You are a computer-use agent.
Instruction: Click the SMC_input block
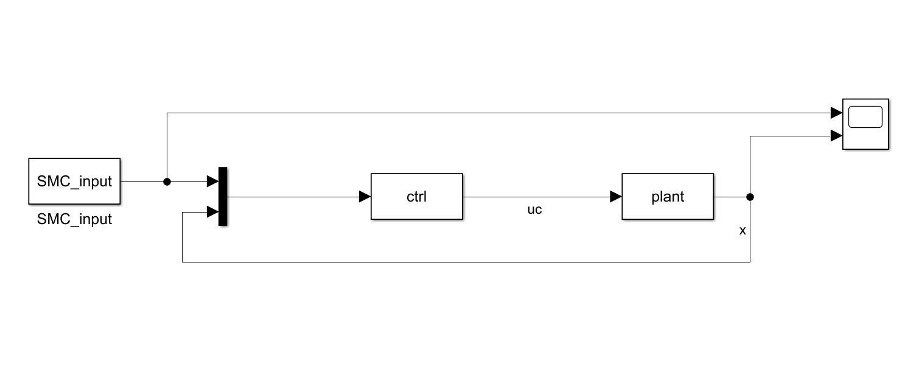[x=74, y=181]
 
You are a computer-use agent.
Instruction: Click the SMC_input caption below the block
[x=74, y=219]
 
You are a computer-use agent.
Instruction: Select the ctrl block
[x=417, y=196]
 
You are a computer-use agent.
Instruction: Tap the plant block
[x=668, y=196]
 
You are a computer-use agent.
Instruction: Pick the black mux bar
[x=223, y=196]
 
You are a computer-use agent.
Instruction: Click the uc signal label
[x=534, y=210]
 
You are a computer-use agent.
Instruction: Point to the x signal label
[x=742, y=231]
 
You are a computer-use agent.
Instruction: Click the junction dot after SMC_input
[x=167, y=181]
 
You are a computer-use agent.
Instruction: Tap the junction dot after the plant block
[x=750, y=197]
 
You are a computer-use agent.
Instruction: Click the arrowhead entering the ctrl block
[x=365, y=197]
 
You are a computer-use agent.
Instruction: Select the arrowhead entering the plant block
[x=615, y=197]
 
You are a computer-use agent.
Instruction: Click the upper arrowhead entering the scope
[x=836, y=113]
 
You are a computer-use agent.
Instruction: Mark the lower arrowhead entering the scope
[x=836, y=136]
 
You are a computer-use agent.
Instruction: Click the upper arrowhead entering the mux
[x=212, y=181]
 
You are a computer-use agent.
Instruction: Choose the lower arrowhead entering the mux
[x=212, y=212]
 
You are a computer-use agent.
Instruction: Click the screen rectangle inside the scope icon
[x=865, y=117]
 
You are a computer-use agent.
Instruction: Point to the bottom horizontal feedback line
[x=463, y=262]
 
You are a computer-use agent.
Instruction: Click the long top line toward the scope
[x=487, y=113]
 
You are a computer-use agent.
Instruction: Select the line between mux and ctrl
[x=292, y=197]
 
